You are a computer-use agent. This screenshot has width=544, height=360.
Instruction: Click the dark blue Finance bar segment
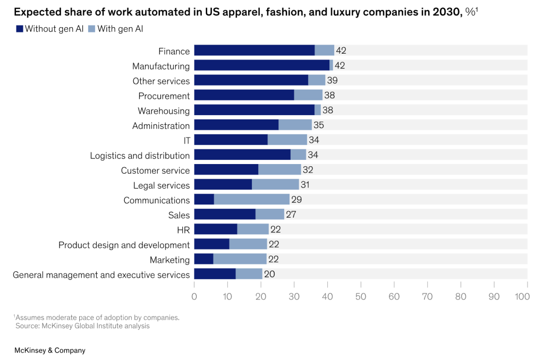[254, 50]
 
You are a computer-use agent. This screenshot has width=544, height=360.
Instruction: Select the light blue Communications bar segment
[252, 200]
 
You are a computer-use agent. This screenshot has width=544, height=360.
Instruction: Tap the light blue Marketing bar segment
[240, 259]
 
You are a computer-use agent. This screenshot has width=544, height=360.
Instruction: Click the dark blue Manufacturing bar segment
[261, 65]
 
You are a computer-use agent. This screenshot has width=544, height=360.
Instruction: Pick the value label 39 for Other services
[332, 80]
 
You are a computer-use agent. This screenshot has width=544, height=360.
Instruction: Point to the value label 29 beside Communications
[296, 200]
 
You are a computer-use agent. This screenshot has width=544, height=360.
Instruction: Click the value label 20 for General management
[269, 274]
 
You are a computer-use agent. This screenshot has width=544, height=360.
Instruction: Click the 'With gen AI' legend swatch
[92, 29]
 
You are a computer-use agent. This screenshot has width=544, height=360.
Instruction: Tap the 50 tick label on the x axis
[361, 296]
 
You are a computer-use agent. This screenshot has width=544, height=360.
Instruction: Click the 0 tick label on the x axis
[194, 296]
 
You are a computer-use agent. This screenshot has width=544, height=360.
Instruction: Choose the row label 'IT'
[185, 141]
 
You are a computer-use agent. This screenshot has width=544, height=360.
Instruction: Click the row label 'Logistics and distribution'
[140, 156]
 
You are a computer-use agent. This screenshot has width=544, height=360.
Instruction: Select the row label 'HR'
[183, 229]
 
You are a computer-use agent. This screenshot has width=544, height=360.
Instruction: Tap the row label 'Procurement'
[164, 96]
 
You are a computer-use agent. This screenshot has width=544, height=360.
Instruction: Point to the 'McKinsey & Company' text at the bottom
[49, 350]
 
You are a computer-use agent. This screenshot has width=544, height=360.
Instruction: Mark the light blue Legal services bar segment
[275, 185]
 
